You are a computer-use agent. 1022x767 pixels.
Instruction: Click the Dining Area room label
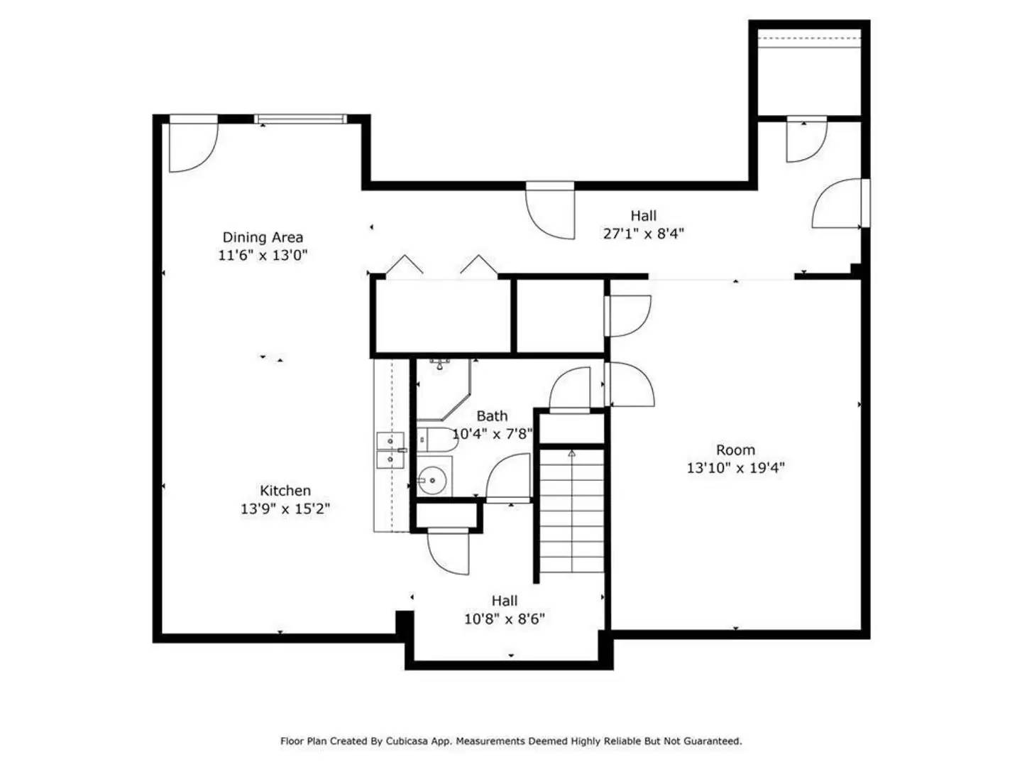pos(263,237)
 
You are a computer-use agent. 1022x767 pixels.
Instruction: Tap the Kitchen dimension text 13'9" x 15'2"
pos(285,508)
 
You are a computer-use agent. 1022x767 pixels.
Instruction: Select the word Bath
pos(492,416)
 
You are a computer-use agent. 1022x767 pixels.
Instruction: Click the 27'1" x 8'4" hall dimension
pos(644,233)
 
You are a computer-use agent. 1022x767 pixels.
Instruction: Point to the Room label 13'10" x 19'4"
pos(735,467)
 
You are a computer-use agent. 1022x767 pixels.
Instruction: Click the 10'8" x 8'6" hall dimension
pos(505,619)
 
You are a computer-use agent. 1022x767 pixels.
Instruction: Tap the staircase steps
pos(571,511)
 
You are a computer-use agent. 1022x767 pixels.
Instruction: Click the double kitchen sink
pos(390,450)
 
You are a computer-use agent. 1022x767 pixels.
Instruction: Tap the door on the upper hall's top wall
pos(550,211)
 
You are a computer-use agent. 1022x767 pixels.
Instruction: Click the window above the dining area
pos(301,119)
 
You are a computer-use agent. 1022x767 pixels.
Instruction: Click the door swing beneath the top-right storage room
pos(806,140)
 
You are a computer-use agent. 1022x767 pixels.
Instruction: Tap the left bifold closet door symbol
pos(405,264)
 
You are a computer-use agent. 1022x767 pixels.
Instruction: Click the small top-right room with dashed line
pos(810,75)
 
